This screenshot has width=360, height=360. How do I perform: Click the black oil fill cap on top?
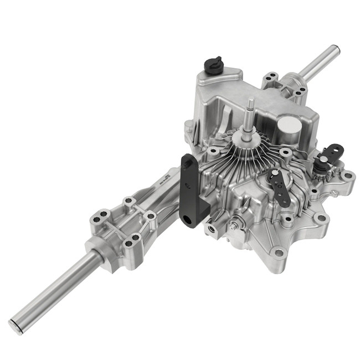(x=214, y=65)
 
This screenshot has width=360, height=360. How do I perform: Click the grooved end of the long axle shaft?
(x=16, y=325)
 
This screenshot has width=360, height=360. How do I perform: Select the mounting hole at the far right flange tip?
(x=347, y=177)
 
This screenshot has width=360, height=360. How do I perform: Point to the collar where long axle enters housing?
(x=102, y=255)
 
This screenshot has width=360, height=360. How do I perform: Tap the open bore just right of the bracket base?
(x=211, y=228)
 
